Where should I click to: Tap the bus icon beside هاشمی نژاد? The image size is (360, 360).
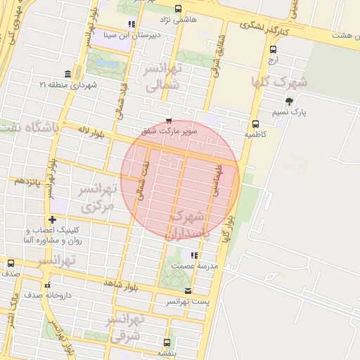177,9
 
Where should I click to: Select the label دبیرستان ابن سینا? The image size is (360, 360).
157,34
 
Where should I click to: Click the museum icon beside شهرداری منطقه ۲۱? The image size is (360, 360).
67,75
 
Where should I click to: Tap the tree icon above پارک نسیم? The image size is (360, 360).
289,101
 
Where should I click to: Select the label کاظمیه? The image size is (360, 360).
255,133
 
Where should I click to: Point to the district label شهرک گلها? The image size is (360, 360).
283,81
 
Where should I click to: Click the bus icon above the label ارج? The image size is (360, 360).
274,49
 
